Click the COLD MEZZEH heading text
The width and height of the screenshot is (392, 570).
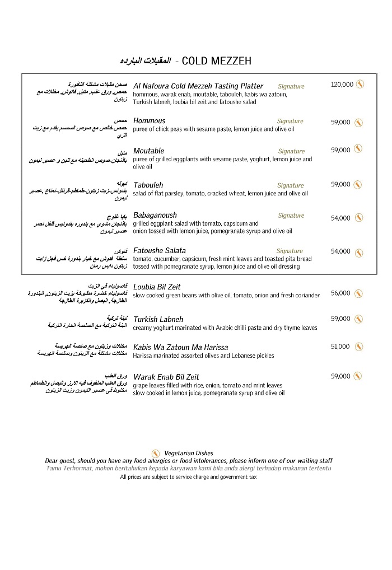pos(217,60)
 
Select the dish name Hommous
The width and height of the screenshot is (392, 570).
pos(150,121)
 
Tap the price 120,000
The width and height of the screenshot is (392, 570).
pos(342,85)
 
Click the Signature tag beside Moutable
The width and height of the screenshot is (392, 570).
pos(291,151)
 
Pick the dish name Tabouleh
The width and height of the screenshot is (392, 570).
pos(148,185)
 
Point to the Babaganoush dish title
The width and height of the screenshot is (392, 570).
pos(155,215)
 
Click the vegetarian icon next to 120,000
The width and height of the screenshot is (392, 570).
pos(360,85)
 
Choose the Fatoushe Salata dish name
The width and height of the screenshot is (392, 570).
pos(160,250)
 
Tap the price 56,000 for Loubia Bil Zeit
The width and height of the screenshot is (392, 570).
pos(340,293)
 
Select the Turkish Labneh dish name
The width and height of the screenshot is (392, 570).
pos(158,319)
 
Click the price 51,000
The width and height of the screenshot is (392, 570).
pos(340,347)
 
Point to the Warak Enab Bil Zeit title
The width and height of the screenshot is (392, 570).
pos(166,377)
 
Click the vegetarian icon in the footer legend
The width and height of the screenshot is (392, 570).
pos(156,452)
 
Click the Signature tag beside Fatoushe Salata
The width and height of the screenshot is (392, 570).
pos(290,251)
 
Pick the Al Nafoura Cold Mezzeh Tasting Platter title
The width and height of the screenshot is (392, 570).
pos(198,86)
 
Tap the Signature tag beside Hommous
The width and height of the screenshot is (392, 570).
pos(290,121)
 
